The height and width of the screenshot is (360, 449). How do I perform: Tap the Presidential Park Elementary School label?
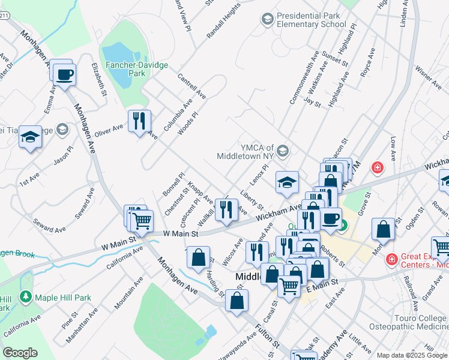tap(311, 20)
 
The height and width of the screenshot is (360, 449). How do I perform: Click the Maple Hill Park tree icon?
tap(25, 296)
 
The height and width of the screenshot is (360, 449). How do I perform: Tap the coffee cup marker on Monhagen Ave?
tap(64, 75)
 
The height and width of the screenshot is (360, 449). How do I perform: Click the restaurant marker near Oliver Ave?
tap(139, 121)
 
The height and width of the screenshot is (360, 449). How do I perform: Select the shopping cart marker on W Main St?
tap(142, 220)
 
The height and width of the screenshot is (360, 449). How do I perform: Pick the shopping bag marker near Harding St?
tap(198, 258)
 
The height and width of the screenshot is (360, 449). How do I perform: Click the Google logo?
tap(20, 353)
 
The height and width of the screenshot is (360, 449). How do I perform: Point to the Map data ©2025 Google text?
tap(412, 355)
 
